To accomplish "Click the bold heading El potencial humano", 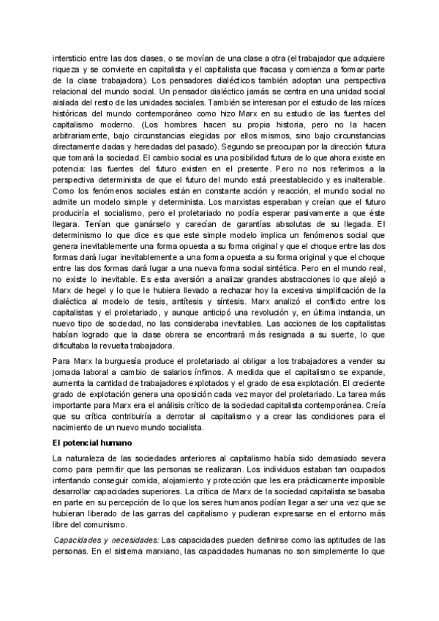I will (x=93, y=442).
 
